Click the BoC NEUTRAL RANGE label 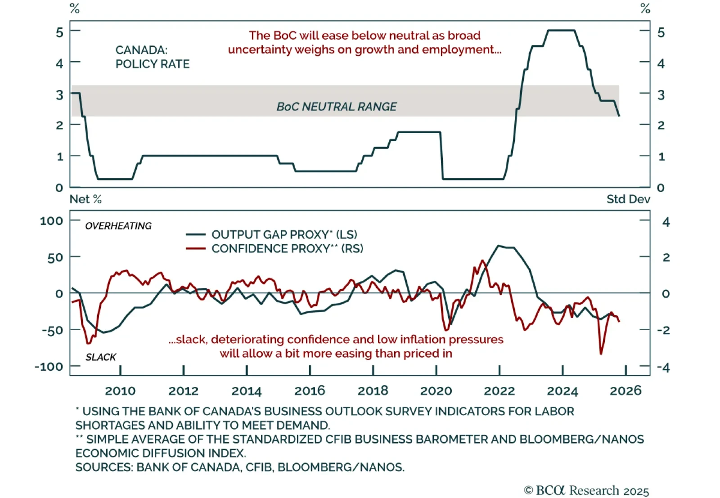(x=337, y=107)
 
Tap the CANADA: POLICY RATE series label (x=152, y=57)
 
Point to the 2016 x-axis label (x=310, y=390)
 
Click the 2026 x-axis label (x=625, y=390)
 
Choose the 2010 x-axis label (x=120, y=390)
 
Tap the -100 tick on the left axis (x=49, y=367)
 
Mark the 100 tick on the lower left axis (x=51, y=221)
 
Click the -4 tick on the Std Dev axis (x=663, y=368)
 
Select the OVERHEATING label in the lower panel (x=118, y=226)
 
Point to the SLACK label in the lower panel (x=101, y=357)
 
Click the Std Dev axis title (x=628, y=199)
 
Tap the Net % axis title (x=85, y=199)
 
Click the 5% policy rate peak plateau (x=561, y=31)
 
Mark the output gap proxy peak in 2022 (x=498, y=246)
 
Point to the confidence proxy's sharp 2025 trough (x=601, y=354)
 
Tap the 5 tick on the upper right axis (x=661, y=32)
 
